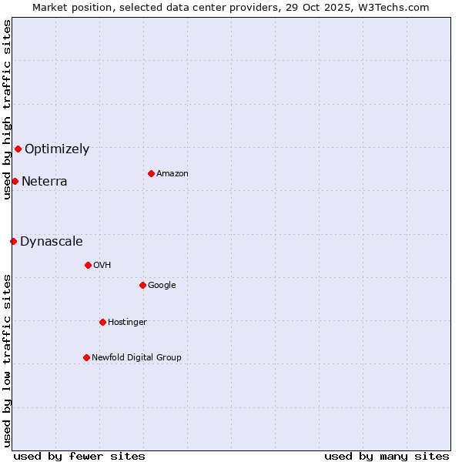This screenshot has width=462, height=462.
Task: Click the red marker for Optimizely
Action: tap(18, 149)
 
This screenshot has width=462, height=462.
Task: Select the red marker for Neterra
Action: tap(15, 181)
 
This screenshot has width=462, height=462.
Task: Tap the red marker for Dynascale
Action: tap(13, 241)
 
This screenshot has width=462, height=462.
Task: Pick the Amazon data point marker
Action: tap(151, 173)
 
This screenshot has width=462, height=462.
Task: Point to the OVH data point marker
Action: tap(88, 265)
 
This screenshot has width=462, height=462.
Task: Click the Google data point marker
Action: tap(142, 285)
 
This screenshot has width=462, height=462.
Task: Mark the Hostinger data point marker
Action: tap(102, 322)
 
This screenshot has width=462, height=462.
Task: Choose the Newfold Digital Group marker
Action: tap(86, 357)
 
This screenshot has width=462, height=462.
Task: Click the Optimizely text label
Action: tap(57, 149)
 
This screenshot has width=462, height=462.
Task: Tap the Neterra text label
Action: tap(45, 182)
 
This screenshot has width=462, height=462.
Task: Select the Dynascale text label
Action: tap(52, 242)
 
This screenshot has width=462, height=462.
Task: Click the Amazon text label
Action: tap(172, 174)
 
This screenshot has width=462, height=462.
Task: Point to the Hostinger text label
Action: tap(127, 322)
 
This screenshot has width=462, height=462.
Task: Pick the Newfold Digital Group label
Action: tap(136, 357)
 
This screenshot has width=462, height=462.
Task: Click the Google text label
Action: tap(162, 286)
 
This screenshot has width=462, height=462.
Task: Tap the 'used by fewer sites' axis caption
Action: tap(79, 456)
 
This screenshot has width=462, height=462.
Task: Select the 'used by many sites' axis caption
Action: tap(387, 456)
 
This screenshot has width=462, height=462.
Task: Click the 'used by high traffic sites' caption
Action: tap(7, 109)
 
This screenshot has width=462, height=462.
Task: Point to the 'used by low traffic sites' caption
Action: tap(7, 360)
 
